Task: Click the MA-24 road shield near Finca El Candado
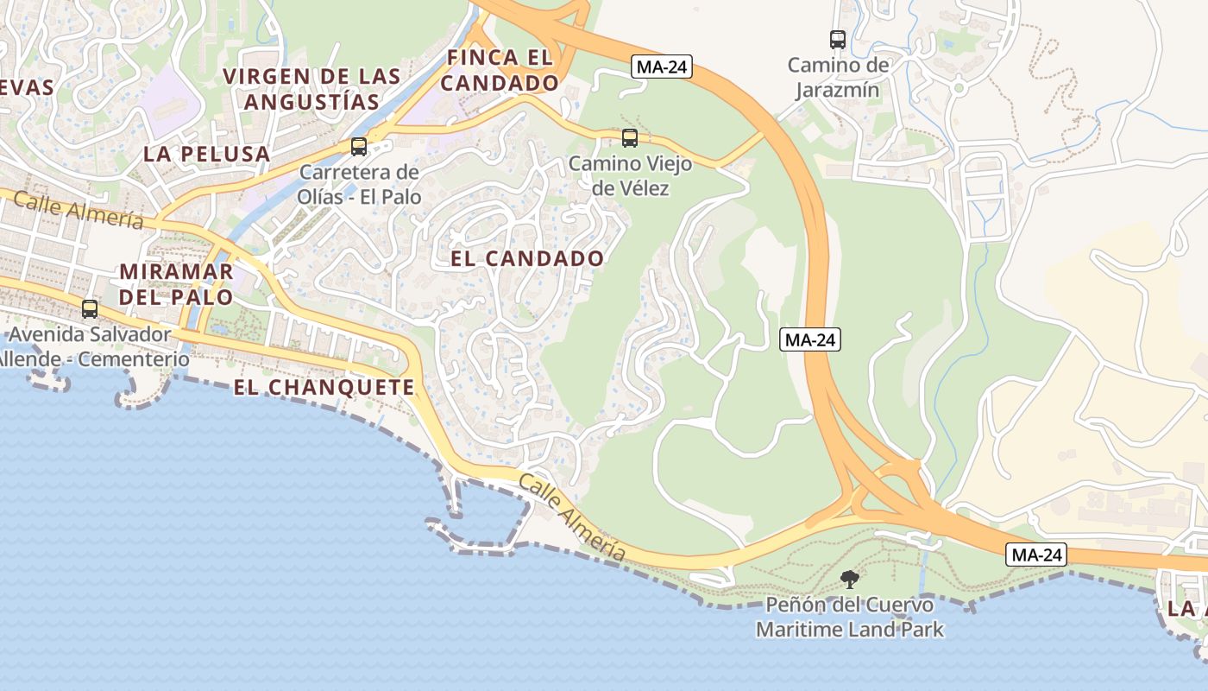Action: (x=662, y=67)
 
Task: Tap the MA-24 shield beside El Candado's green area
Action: (x=809, y=339)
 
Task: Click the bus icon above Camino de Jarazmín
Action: (x=837, y=39)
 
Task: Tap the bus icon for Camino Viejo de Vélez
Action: (x=630, y=137)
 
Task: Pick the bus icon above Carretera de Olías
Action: (x=359, y=146)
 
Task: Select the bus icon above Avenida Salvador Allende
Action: (x=90, y=308)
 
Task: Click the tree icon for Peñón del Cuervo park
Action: (x=850, y=579)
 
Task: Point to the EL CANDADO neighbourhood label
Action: (x=527, y=258)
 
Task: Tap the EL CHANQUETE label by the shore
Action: (x=324, y=388)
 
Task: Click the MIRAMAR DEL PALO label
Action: (x=177, y=284)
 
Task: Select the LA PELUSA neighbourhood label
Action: (x=207, y=155)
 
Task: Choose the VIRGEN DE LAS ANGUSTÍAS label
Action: (x=311, y=89)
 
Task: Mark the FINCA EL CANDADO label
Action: (x=503, y=71)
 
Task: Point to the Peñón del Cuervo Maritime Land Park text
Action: (x=849, y=617)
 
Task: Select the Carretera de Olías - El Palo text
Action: (x=360, y=184)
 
